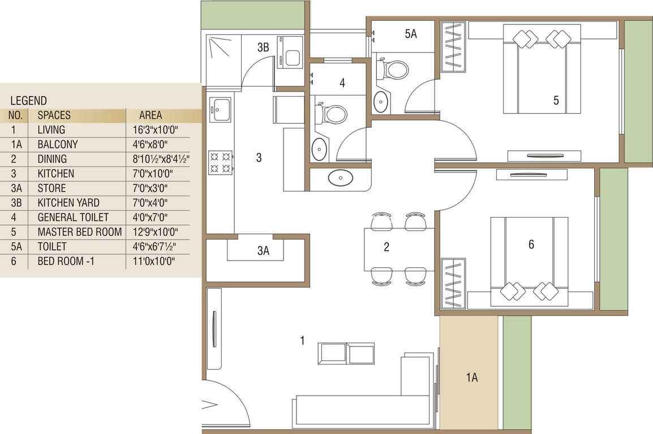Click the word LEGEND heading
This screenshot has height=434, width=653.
coord(28,101)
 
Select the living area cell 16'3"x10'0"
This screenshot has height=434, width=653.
coord(156,130)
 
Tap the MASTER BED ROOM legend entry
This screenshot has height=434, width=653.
coord(80,232)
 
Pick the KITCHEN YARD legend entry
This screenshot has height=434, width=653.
coord(68,203)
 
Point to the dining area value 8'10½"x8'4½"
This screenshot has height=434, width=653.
coord(161,159)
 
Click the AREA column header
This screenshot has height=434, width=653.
coord(151,115)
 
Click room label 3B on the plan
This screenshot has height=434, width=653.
coord(263,47)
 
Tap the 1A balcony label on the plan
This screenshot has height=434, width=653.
coord(471,377)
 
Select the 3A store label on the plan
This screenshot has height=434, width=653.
coord(263,251)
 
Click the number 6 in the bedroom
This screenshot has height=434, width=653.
coord(531,245)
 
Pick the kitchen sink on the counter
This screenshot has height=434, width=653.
coord(220,110)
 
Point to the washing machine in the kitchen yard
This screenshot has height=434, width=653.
coord(290,53)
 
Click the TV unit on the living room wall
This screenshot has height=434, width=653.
coord(215,328)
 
